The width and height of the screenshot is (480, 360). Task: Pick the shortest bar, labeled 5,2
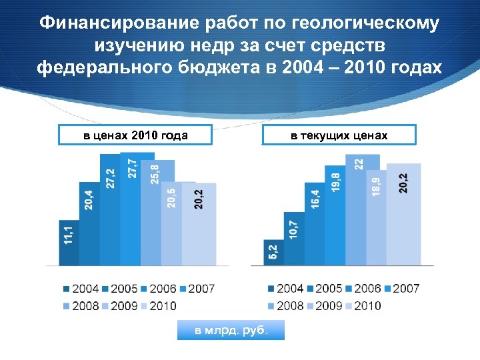click(x=273, y=253)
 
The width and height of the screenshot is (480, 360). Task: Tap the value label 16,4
click(x=315, y=197)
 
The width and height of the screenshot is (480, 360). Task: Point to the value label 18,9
click(x=377, y=185)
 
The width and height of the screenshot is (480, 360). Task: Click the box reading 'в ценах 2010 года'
click(x=135, y=135)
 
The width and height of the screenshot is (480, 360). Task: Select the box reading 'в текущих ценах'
click(x=339, y=135)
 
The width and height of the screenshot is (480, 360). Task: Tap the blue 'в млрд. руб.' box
click(x=231, y=330)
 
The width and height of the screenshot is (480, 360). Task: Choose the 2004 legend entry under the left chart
click(x=81, y=289)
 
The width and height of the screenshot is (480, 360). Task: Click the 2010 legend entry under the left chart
click(x=158, y=305)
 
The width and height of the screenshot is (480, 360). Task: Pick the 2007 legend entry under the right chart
click(x=401, y=289)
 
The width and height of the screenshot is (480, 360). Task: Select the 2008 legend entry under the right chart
click(x=285, y=305)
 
